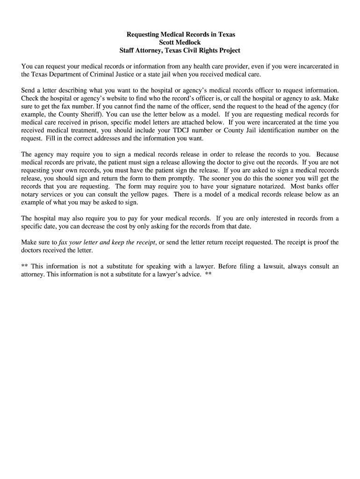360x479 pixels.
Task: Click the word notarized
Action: coord(267,186)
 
